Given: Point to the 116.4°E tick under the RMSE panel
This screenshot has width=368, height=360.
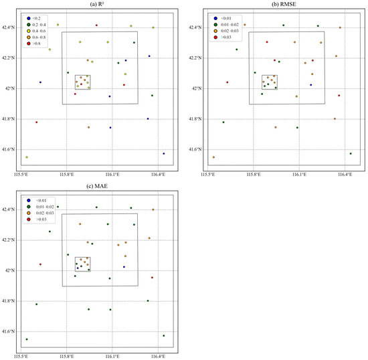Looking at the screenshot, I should click(345, 175).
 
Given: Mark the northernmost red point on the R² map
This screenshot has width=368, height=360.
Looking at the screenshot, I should click(96, 25).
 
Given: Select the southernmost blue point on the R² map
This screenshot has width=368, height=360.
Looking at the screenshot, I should click(164, 153).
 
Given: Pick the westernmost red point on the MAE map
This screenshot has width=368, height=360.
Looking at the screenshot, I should click(40, 264).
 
